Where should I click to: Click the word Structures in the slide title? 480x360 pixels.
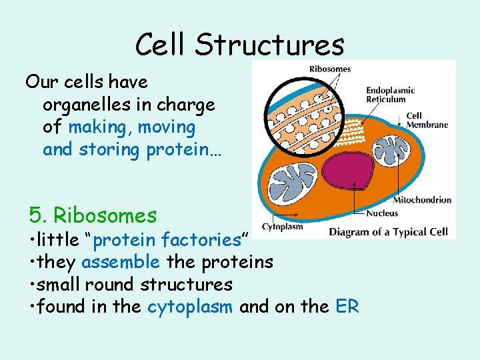pyautogui.click(x=270, y=45)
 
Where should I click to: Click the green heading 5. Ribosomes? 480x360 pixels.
pyautogui.click(x=93, y=215)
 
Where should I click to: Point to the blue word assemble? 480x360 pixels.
pyautogui.click(x=122, y=262)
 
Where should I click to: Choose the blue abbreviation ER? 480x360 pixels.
pyautogui.click(x=347, y=307)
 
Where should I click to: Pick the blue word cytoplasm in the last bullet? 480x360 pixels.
pyautogui.click(x=191, y=307)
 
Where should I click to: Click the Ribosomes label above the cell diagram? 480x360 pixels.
pyautogui.click(x=330, y=69)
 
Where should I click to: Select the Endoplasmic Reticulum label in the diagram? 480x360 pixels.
pyautogui.click(x=390, y=95)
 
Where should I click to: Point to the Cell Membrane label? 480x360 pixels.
pyautogui.click(x=427, y=120)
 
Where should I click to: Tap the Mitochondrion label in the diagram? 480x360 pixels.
pyautogui.click(x=422, y=199)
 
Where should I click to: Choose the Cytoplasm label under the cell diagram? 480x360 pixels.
pyautogui.click(x=282, y=227)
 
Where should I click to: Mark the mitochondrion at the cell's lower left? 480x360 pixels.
pyautogui.click(x=294, y=185)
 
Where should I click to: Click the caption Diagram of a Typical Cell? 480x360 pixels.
pyautogui.click(x=389, y=231)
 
